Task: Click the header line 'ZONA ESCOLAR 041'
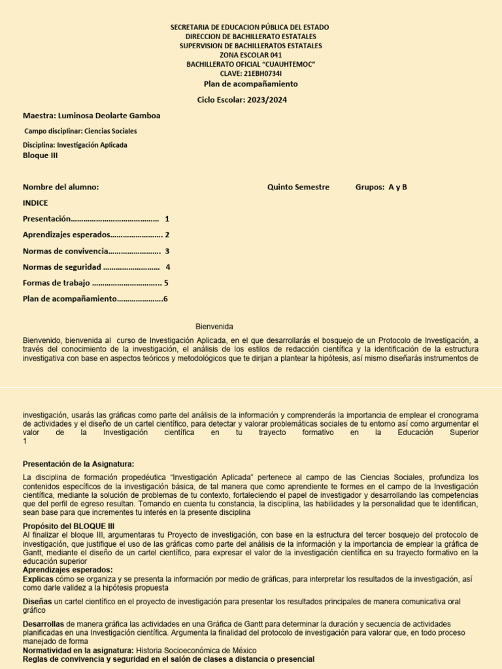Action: pos(251,56)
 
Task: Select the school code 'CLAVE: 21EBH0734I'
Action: pos(251,74)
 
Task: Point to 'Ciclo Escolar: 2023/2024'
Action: pos(242,100)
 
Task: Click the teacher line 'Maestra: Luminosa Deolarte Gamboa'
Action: pos(92,116)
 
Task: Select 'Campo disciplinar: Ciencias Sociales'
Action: pos(80,131)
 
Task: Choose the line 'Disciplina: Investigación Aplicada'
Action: pos(75,145)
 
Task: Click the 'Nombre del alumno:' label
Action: pos(61,188)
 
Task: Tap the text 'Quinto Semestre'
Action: pos(298,188)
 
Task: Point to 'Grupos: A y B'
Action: pos(381,188)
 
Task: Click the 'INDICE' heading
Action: pos(35,203)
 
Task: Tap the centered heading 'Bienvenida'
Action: pos(214,327)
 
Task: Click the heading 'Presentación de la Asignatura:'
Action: pos(78,464)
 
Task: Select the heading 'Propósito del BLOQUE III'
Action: pos(69,526)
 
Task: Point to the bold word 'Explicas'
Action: pos(38,579)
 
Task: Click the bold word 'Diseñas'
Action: pos(37,601)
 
